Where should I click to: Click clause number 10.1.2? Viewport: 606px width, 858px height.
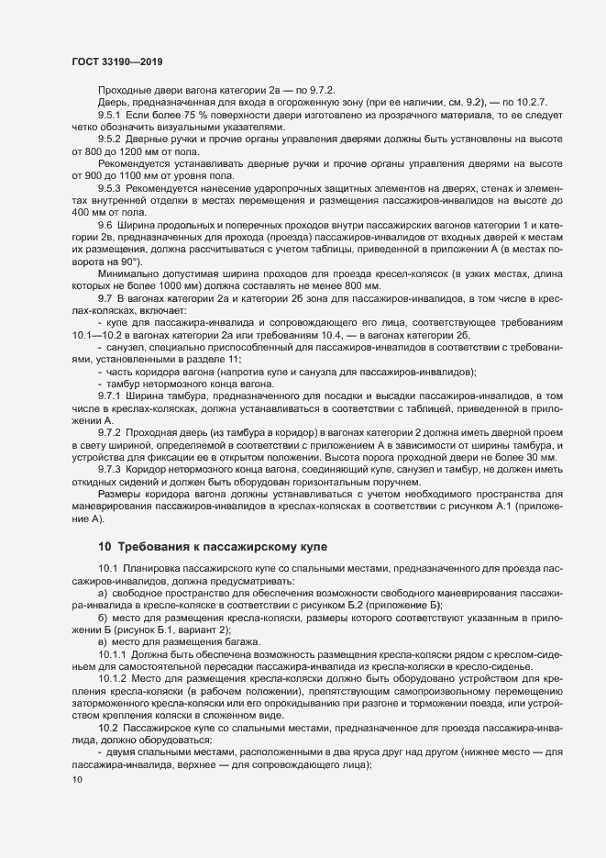(114, 678)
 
